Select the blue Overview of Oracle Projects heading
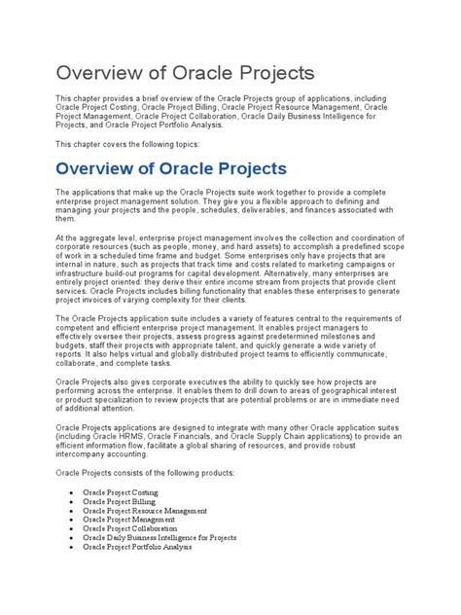click(170, 168)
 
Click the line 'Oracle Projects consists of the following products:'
click(145, 472)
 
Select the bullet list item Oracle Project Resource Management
click(145, 511)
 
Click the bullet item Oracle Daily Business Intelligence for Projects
click(160, 537)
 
